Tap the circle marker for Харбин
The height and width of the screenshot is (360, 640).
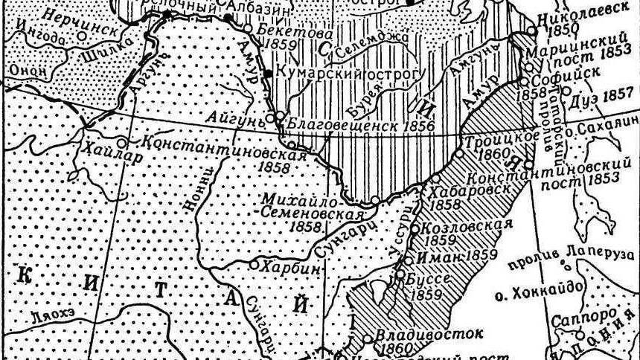[x=253, y=264]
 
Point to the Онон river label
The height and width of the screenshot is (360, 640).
[x=28, y=69]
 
